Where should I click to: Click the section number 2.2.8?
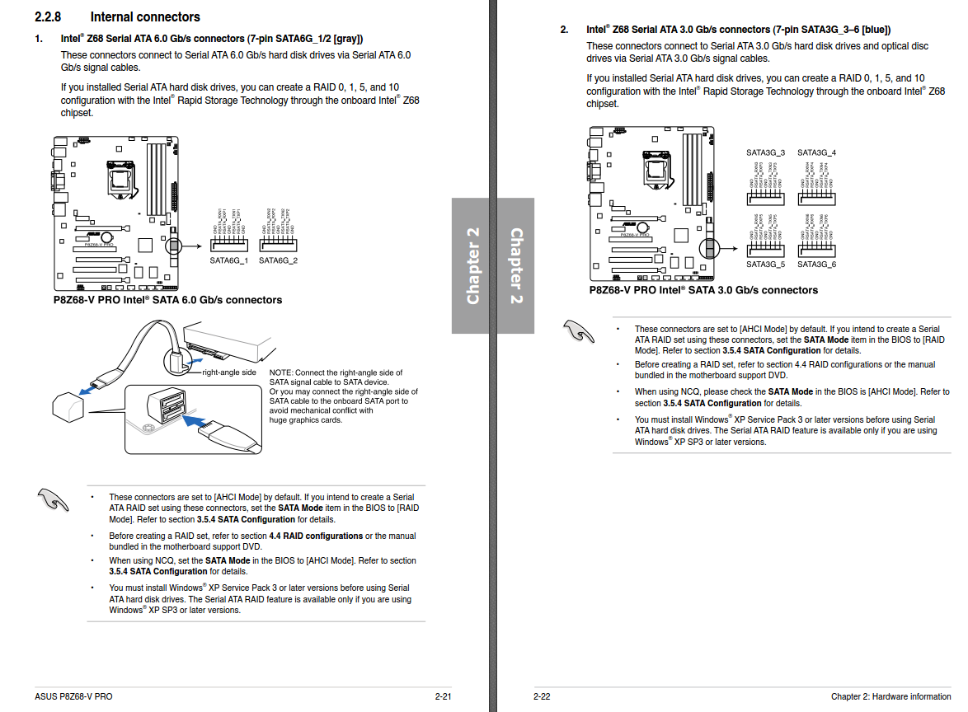point(54,16)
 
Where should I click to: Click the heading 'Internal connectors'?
point(145,16)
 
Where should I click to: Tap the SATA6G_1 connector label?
point(228,260)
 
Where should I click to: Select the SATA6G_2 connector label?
point(278,260)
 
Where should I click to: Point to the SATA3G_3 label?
point(765,152)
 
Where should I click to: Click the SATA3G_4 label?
point(816,152)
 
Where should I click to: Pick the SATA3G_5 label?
point(765,265)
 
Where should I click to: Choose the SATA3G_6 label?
point(816,265)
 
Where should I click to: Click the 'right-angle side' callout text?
point(229,372)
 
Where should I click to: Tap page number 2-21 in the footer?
point(443,696)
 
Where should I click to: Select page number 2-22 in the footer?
point(542,696)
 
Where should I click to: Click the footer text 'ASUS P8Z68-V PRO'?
point(73,696)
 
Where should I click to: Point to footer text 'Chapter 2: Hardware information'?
point(890,696)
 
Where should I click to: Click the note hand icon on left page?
point(54,499)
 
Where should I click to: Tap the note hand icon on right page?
point(579,330)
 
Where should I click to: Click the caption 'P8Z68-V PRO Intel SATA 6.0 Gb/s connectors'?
point(167,300)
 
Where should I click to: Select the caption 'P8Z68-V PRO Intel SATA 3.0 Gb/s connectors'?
point(703,290)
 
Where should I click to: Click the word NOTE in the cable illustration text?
point(280,373)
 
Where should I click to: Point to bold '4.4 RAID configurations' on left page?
point(316,536)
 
